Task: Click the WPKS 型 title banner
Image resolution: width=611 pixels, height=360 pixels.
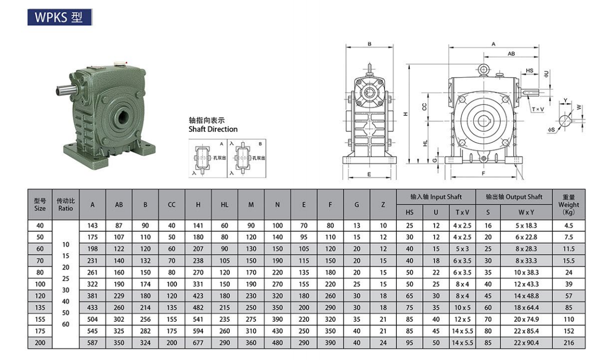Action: point(59,17)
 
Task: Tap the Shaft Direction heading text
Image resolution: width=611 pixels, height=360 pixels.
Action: point(213,129)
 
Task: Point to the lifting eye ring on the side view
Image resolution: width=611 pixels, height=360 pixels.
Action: point(483,70)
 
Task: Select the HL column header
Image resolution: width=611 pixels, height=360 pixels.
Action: point(225,204)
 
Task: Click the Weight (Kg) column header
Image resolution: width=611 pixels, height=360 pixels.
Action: point(569,204)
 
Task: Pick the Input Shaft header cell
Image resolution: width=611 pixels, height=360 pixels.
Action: point(436,197)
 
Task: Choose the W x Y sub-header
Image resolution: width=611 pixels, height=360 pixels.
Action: point(527,213)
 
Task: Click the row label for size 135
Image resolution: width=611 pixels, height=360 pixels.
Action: point(40,307)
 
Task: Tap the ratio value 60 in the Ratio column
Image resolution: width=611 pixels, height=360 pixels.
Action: point(66,324)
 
